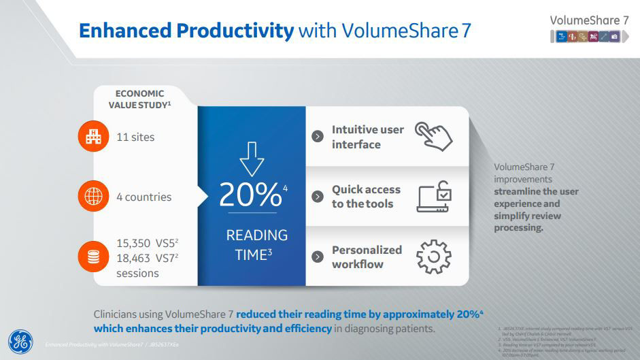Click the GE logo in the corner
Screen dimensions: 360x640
coord(20,341)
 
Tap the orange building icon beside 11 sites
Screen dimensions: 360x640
coord(92,137)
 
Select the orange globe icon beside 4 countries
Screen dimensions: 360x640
coord(92,197)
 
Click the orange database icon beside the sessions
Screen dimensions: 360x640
coord(92,257)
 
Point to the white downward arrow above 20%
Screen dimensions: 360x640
coord(252,158)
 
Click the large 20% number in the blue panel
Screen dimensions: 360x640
coord(250,195)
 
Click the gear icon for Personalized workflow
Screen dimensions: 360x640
coord(433,257)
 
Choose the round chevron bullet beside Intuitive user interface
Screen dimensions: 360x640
coord(317,136)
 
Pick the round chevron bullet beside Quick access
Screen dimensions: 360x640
coord(317,197)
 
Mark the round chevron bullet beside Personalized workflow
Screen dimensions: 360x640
coord(317,257)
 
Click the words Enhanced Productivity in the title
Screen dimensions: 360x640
coord(186,31)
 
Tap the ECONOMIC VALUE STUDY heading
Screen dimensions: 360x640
coord(139,99)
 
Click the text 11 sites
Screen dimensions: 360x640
coord(135,137)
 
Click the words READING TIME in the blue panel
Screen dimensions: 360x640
coord(256,245)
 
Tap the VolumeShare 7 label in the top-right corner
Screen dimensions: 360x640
coord(588,20)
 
